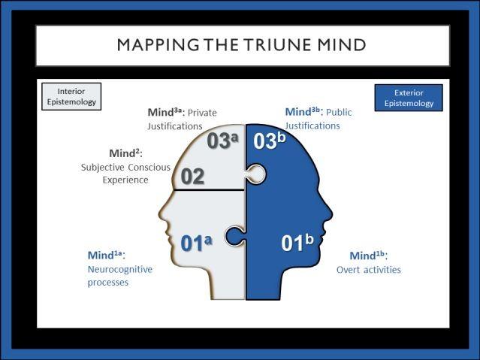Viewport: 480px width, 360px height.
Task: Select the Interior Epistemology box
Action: pos(71,96)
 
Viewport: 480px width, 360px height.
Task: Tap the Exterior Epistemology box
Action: pos(409,98)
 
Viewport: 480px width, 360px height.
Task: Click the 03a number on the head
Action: pos(222,141)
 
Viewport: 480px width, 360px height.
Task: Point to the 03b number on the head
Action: pos(270,141)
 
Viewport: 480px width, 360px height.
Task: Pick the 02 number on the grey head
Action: pos(192,177)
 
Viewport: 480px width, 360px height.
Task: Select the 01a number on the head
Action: pos(196,244)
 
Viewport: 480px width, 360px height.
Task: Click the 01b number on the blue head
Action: pos(297,243)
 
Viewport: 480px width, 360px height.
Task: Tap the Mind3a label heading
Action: pos(167,112)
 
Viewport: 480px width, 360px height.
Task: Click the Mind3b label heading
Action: pos(304,112)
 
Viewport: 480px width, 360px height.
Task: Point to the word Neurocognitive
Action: pos(120,269)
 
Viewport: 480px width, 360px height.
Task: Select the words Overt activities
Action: pos(369,270)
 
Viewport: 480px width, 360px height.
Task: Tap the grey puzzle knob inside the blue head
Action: pos(256,174)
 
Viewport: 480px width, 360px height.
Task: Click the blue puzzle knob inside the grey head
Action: pos(234,236)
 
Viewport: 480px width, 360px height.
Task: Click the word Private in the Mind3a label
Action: pos(202,113)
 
